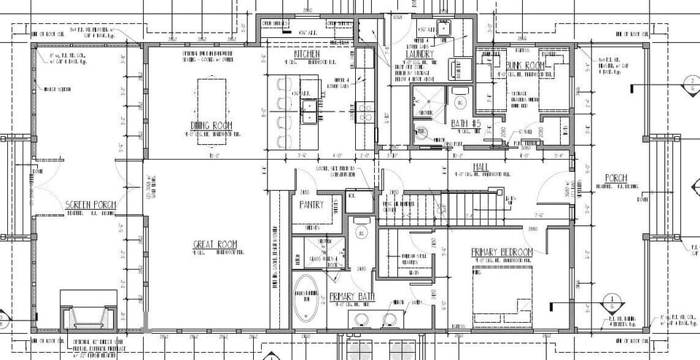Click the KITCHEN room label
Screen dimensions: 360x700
(x=307, y=55)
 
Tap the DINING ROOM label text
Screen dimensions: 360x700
(x=211, y=125)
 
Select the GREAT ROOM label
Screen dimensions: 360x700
(x=213, y=244)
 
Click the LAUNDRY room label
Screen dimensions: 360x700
(x=421, y=54)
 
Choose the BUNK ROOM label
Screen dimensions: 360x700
(x=526, y=66)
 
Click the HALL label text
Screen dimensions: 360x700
(x=481, y=168)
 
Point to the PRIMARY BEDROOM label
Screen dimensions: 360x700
(x=502, y=252)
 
